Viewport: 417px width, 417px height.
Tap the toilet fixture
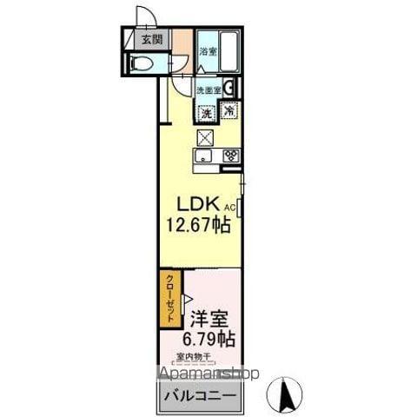point(141,62)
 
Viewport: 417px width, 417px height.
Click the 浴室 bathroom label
point(208,51)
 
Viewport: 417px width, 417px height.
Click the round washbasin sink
point(228,86)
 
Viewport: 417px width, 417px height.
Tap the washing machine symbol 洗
point(207,111)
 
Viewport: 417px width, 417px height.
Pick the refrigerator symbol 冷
point(228,111)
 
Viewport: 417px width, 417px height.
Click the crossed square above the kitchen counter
point(206,136)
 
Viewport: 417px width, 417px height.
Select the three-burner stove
point(230,156)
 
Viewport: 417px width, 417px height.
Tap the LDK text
point(199,204)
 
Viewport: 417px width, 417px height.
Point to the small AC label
point(231,208)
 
